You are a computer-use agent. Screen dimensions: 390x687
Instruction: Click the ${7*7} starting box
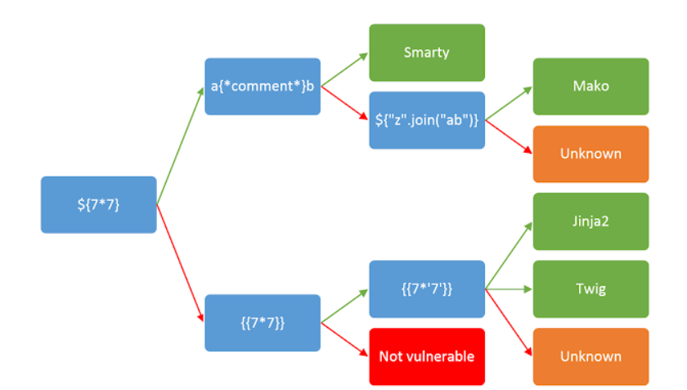[x=98, y=204]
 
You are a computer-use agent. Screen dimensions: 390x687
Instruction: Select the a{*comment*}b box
[x=263, y=86]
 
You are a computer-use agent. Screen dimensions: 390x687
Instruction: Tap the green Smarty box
[x=427, y=52]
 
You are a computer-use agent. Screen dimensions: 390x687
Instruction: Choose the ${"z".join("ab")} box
[x=427, y=120]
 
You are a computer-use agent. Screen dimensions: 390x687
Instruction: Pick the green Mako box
[x=590, y=86]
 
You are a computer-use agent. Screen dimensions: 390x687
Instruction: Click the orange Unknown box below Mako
[x=590, y=154]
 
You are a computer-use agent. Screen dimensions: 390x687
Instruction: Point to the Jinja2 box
[x=590, y=221]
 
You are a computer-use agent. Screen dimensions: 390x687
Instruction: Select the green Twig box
[x=590, y=289]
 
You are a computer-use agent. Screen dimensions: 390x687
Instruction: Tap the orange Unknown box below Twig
[x=590, y=356]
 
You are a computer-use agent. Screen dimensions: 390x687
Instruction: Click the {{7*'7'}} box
[x=427, y=289]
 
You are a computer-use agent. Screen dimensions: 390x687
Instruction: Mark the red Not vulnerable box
[x=427, y=356]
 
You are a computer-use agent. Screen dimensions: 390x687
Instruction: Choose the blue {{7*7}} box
[x=263, y=322]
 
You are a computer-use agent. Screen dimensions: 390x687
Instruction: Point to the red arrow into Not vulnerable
[x=344, y=339]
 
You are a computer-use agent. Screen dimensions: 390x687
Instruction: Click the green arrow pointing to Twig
[x=509, y=289]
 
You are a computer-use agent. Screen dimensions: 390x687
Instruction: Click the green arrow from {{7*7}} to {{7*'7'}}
[x=344, y=306]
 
